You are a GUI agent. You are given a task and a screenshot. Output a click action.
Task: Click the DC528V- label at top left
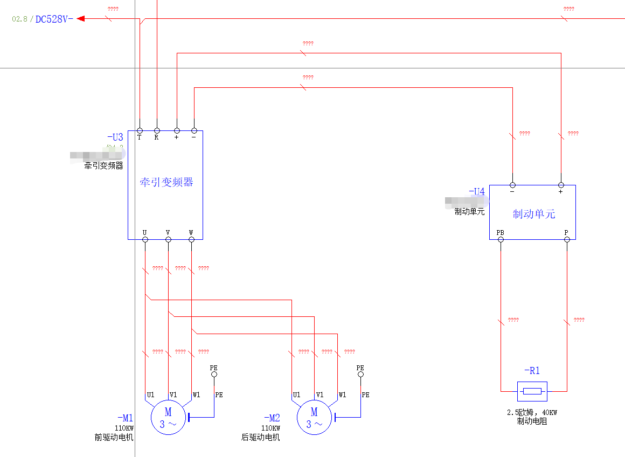54,19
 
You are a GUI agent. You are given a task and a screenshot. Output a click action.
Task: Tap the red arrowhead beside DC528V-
81,19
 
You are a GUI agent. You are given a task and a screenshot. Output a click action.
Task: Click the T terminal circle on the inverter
140,130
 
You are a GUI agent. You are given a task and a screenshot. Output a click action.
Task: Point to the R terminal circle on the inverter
157,130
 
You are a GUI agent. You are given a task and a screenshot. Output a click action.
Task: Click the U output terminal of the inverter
145,239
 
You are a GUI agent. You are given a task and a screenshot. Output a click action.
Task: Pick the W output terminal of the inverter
191,239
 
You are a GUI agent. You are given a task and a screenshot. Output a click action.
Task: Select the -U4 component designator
476,191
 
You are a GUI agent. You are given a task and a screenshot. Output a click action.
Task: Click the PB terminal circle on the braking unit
501,239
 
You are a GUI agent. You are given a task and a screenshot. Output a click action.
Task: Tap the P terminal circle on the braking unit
566,239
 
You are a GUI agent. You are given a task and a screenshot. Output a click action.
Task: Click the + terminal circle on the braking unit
561,185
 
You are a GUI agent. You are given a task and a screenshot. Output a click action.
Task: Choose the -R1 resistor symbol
532,391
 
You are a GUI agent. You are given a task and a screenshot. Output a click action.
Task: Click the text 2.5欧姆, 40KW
532,413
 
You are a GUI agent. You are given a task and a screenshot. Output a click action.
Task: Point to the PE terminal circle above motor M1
214,374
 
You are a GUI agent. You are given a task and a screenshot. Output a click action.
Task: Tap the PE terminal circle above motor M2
360,374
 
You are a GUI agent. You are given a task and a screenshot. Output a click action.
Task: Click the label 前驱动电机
114,438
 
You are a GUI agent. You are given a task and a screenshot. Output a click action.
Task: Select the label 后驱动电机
260,438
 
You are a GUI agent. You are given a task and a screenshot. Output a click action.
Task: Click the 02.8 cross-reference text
19,19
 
